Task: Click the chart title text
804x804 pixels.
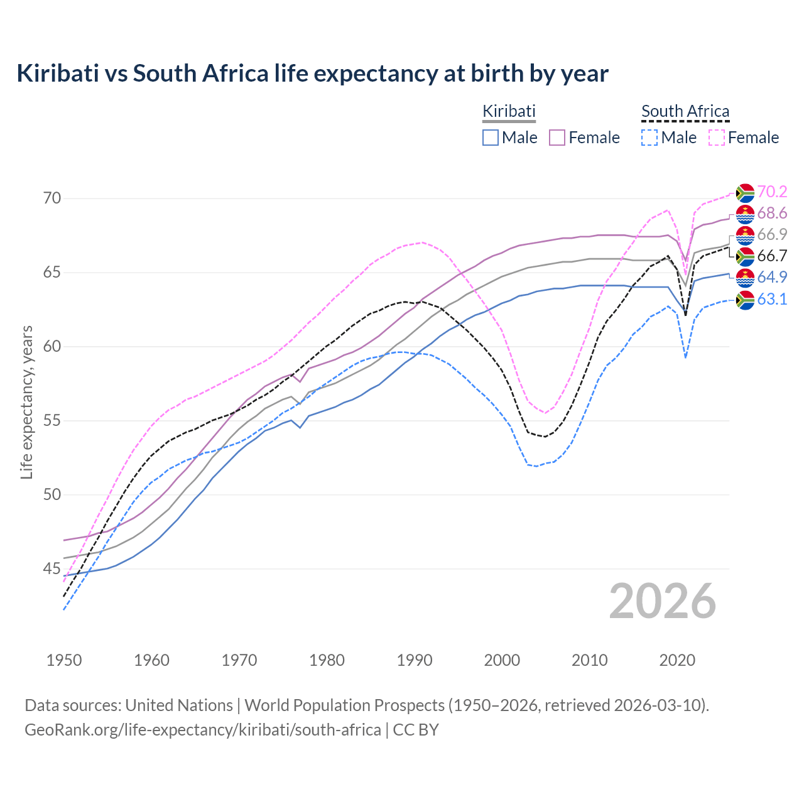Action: (312, 73)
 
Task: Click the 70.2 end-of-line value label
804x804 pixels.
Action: (772, 192)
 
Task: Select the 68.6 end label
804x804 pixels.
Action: (772, 213)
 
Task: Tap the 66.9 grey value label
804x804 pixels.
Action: (772, 234)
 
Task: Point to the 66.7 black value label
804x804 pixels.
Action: (772, 256)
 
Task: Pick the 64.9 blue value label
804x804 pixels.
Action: (772, 277)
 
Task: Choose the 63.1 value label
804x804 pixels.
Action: (772, 299)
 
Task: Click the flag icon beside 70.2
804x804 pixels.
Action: (745, 193)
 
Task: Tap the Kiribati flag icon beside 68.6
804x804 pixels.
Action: (745, 214)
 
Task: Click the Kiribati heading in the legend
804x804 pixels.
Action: (509, 111)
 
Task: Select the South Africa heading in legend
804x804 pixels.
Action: (685, 111)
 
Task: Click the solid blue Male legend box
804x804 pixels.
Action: (491, 138)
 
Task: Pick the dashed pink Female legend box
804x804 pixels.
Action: (716, 138)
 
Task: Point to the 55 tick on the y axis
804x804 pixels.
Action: (52, 420)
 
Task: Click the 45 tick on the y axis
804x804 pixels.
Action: (52, 568)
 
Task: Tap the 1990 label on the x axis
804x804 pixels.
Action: (415, 660)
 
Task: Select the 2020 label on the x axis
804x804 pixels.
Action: (677, 660)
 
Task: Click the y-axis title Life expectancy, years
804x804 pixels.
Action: (26, 402)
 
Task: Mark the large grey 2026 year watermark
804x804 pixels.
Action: (662, 601)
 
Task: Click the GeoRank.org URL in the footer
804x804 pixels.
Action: (202, 730)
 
